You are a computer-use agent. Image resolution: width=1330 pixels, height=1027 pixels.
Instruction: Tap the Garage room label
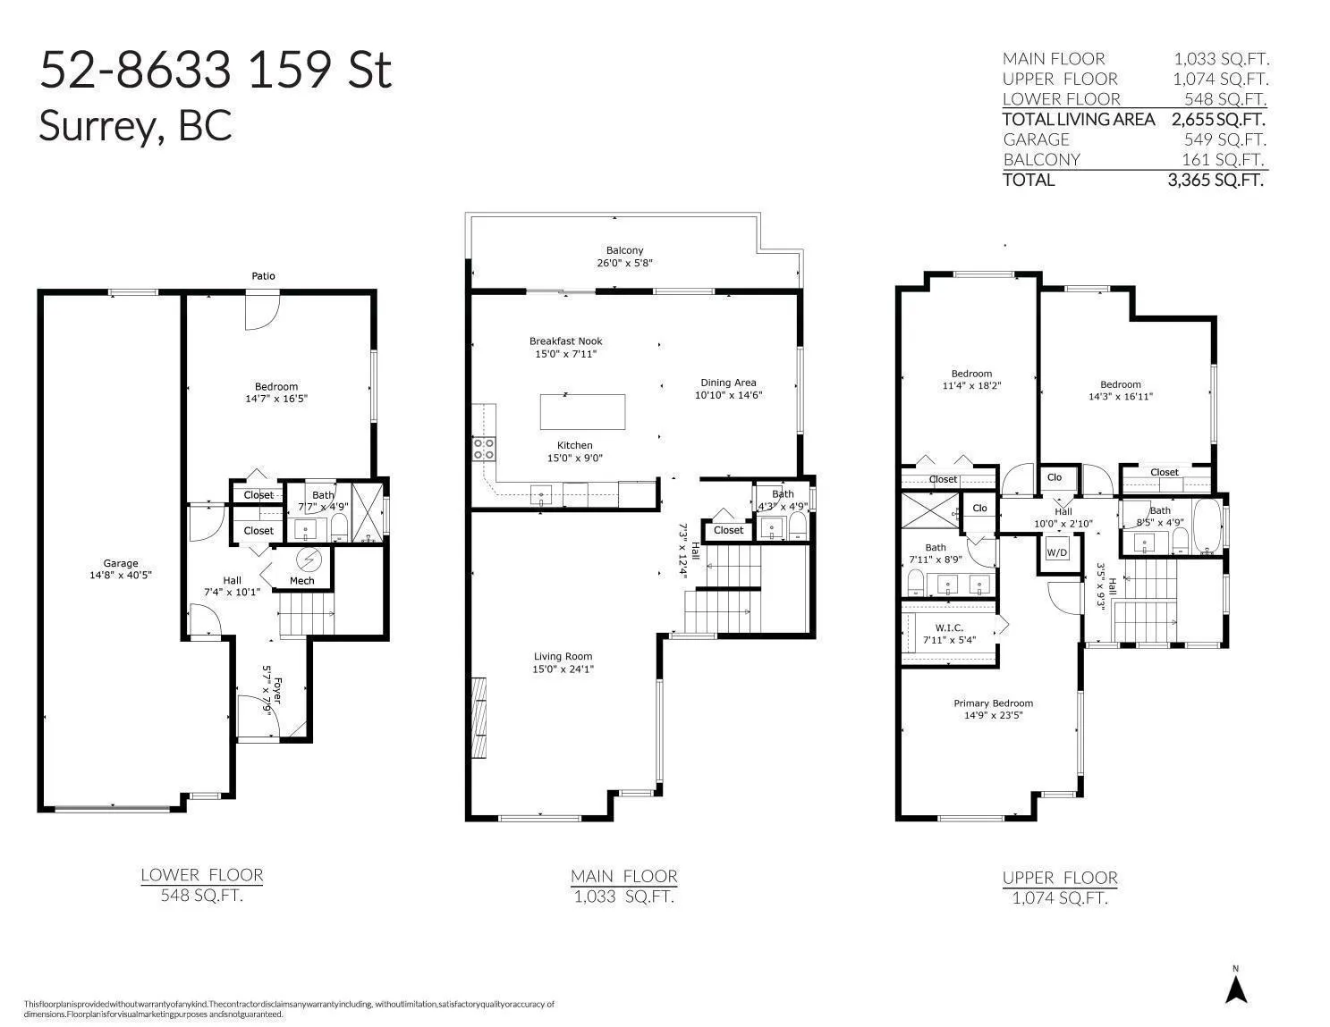click(x=121, y=563)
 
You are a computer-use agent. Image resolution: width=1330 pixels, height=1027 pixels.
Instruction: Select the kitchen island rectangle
click(x=582, y=412)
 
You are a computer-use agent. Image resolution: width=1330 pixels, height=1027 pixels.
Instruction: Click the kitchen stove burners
click(x=484, y=449)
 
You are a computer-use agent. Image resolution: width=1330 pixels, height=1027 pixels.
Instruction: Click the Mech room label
click(x=301, y=580)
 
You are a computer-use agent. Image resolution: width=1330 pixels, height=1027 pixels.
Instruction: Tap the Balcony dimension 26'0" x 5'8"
click(x=625, y=263)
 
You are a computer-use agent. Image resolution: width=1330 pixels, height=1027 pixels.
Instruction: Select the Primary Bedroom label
click(x=994, y=703)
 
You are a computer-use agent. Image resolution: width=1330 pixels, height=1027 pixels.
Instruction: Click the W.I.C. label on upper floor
click(x=949, y=627)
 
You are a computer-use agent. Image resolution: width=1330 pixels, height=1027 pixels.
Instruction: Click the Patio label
click(x=263, y=276)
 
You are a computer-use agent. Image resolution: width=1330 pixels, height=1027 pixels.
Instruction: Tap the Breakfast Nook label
click(x=565, y=341)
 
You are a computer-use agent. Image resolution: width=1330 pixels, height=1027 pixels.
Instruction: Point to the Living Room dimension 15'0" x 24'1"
click(x=563, y=669)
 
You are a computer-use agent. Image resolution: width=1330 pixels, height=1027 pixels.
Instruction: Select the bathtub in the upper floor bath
click(x=1207, y=526)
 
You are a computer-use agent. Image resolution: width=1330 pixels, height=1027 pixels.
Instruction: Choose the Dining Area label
click(x=728, y=383)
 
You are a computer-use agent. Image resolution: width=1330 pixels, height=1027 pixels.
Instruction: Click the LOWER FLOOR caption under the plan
click(x=202, y=875)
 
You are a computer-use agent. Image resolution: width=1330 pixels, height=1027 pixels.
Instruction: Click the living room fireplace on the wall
click(x=479, y=718)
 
